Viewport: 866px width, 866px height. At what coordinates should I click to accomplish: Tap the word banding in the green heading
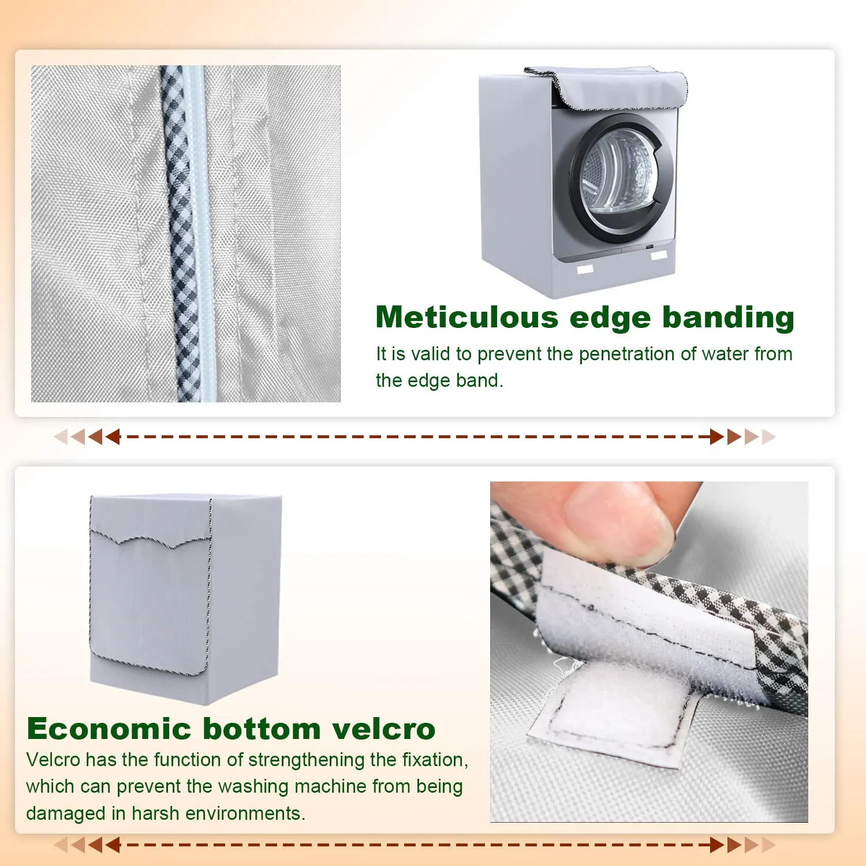click(x=728, y=318)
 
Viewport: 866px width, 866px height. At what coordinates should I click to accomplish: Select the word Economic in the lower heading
click(x=109, y=729)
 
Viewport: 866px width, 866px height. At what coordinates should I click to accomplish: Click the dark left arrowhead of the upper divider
click(x=113, y=436)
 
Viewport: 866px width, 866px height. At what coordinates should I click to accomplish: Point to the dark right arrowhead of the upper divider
click(x=717, y=436)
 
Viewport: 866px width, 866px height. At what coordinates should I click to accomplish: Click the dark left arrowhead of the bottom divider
click(x=113, y=845)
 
